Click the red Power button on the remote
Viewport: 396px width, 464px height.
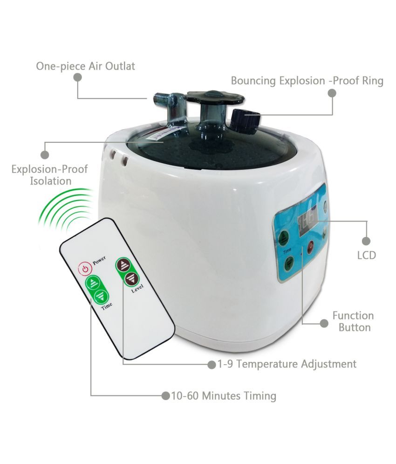coord(84,269)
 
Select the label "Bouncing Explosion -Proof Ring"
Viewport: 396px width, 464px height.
coord(307,81)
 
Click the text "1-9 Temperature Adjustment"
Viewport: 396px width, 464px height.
coord(287,364)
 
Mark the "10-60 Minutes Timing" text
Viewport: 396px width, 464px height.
coord(223,396)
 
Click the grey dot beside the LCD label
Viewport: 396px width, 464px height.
coord(366,241)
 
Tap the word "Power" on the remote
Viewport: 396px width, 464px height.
coord(98,262)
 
